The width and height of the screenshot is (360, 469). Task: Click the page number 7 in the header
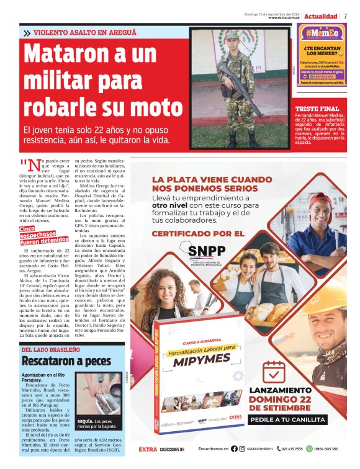(345, 16)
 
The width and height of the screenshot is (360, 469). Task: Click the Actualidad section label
(321, 16)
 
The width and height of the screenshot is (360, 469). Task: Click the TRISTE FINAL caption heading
(317, 109)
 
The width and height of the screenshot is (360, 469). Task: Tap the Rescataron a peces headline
(60, 360)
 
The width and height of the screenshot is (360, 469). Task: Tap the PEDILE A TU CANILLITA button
(288, 419)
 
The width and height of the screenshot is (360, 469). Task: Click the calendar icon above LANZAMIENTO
(274, 372)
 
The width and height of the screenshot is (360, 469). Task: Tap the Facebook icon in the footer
(234, 449)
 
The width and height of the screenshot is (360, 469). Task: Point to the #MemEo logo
(321, 33)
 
